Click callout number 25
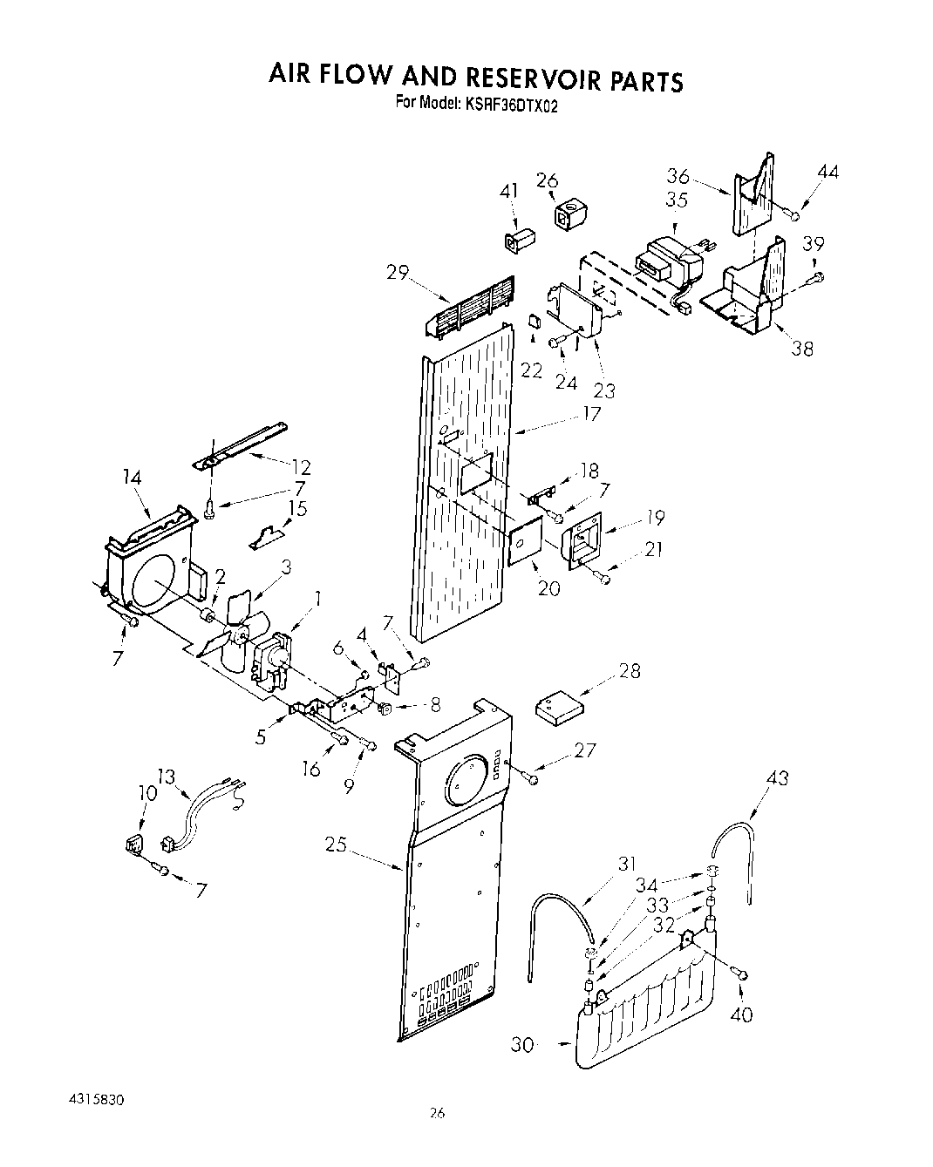(x=335, y=844)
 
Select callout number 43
(x=776, y=777)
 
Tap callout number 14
(x=133, y=478)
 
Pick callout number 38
(x=801, y=349)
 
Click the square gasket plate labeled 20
(x=526, y=545)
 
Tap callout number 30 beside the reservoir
(x=521, y=1043)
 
